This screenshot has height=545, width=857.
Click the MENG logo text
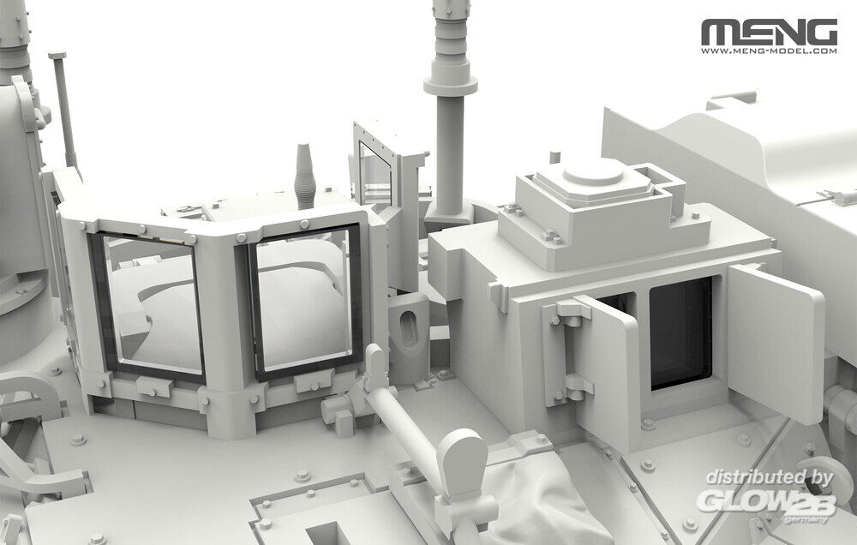pyautogui.click(x=769, y=33)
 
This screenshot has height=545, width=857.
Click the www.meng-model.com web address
pyautogui.click(x=769, y=51)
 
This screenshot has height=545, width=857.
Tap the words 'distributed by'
pyautogui.click(x=769, y=477)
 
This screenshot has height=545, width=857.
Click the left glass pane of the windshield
pyautogui.click(x=150, y=303)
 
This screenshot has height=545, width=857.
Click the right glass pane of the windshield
pyautogui.click(x=304, y=299)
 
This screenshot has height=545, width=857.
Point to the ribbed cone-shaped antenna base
pyautogui.click(x=304, y=175)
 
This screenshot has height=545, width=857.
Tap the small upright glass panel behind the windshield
pyautogui.click(x=375, y=172)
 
